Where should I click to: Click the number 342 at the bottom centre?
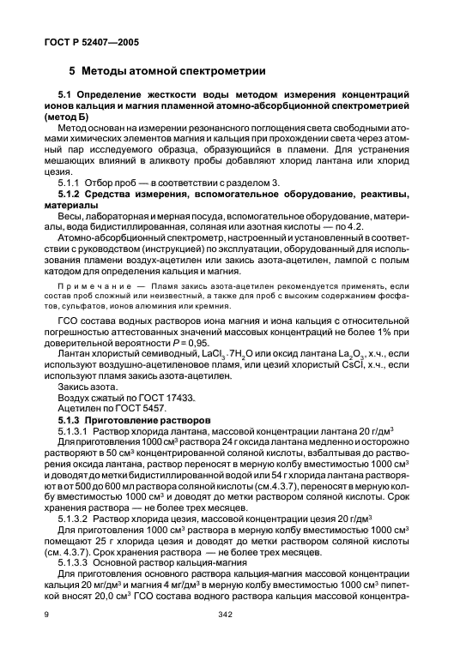[227, 638]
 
